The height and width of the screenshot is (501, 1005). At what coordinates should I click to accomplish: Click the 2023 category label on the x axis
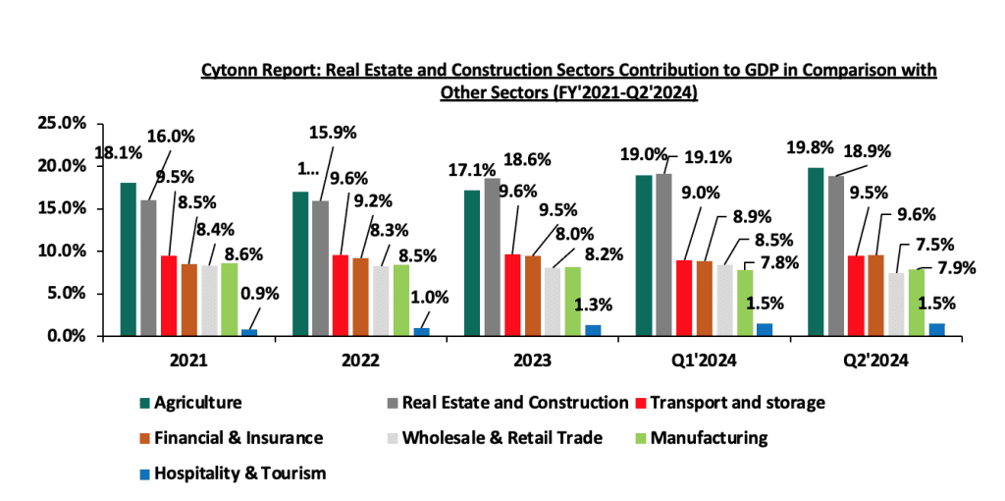pos(533,361)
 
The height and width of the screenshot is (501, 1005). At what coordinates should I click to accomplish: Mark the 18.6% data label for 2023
pos(527,159)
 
